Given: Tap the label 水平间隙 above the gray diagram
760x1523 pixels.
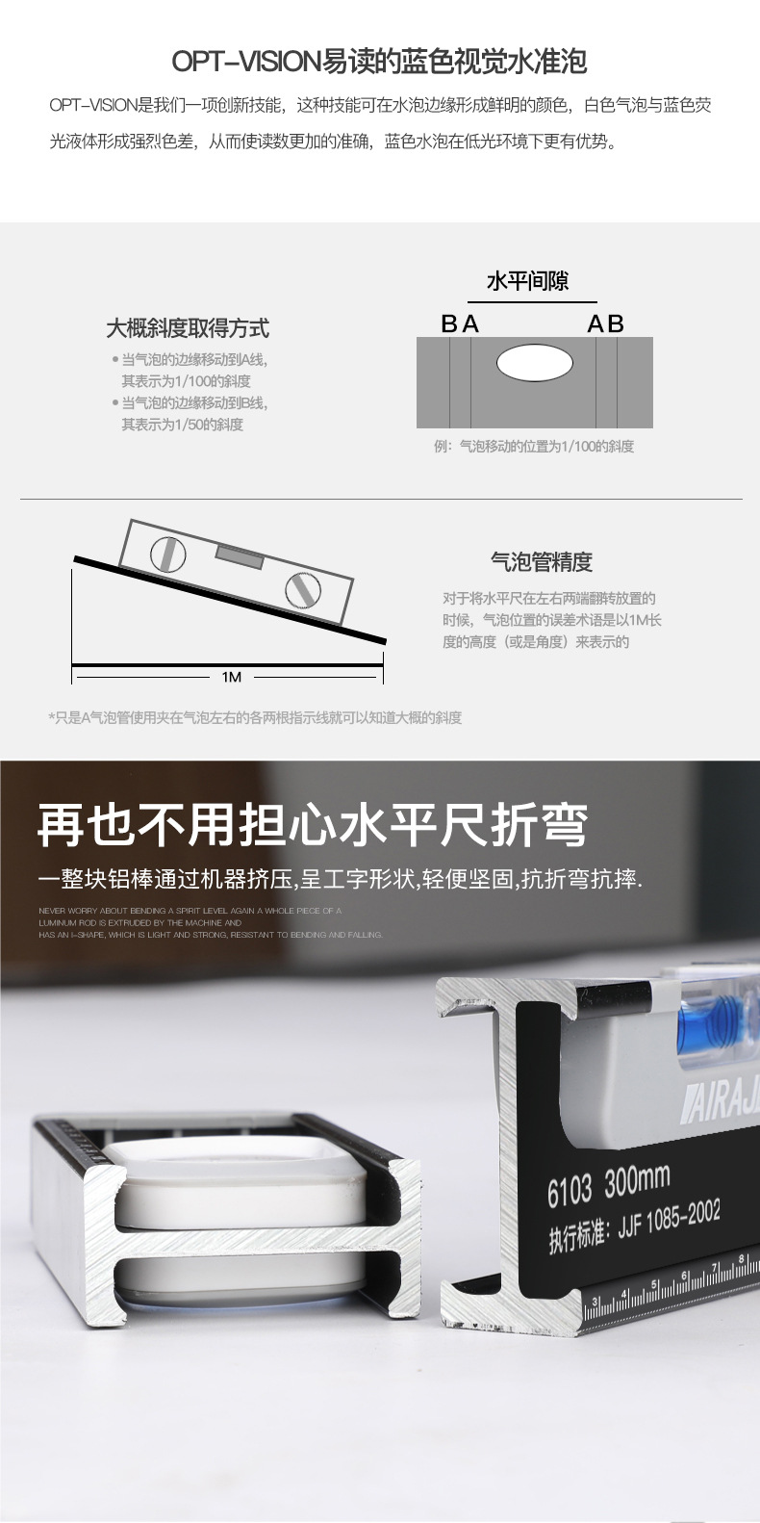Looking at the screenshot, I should tap(527, 281).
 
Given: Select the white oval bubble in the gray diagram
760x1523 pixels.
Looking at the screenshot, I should tap(534, 363).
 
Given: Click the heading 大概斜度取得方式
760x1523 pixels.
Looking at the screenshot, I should tap(188, 328).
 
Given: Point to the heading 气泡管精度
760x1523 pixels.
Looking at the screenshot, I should tap(542, 562).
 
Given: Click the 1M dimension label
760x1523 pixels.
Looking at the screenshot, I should tap(231, 677).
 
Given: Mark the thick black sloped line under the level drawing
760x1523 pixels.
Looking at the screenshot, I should tap(231, 601).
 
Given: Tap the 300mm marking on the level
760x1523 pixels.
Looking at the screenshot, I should tap(637, 1180).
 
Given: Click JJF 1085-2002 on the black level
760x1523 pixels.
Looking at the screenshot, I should tap(669, 1221).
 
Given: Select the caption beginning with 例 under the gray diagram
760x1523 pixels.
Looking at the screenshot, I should tap(534, 447).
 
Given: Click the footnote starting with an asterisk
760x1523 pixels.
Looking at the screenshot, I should tap(255, 718).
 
